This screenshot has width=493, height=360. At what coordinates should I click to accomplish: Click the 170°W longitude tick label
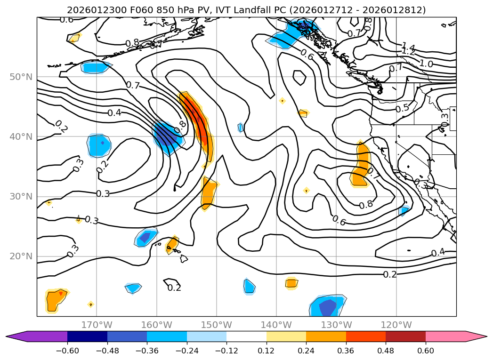[x=97, y=325]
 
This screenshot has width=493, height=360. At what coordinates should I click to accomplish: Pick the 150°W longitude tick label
[x=217, y=325]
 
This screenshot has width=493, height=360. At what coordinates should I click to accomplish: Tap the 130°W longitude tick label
[x=336, y=325]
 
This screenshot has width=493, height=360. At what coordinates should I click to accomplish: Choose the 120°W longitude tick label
[x=396, y=325]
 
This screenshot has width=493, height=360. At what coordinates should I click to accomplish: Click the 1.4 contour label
[x=408, y=47]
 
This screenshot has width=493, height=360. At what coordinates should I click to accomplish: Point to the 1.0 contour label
[x=426, y=64]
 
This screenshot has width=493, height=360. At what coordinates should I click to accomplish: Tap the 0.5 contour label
[x=402, y=108]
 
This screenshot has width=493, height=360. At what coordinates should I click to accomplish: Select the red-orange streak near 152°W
[x=197, y=120]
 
